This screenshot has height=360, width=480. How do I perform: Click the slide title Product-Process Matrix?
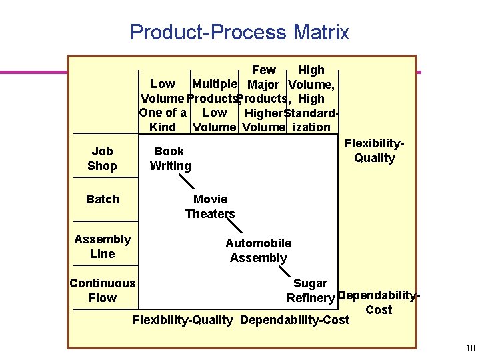(239, 32)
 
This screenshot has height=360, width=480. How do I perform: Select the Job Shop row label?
(102, 159)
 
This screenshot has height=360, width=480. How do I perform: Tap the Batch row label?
(103, 199)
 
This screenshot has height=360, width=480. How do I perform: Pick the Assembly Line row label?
(103, 247)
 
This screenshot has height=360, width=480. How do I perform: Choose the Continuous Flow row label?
(103, 291)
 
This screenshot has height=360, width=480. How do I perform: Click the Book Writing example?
(170, 159)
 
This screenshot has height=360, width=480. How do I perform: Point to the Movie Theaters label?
(210, 207)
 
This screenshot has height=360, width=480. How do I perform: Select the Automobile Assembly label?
(258, 251)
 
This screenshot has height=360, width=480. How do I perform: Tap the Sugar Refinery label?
(310, 291)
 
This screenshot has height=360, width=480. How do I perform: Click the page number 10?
(470, 348)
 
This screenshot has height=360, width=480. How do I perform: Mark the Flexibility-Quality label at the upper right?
(375, 151)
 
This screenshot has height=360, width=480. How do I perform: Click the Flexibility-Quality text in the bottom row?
(183, 320)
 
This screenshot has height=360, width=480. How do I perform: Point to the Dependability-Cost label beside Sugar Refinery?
(378, 302)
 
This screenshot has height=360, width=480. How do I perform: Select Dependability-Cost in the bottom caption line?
(294, 320)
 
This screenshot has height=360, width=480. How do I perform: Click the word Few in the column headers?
(263, 70)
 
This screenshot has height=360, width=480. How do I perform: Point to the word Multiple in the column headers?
(214, 84)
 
